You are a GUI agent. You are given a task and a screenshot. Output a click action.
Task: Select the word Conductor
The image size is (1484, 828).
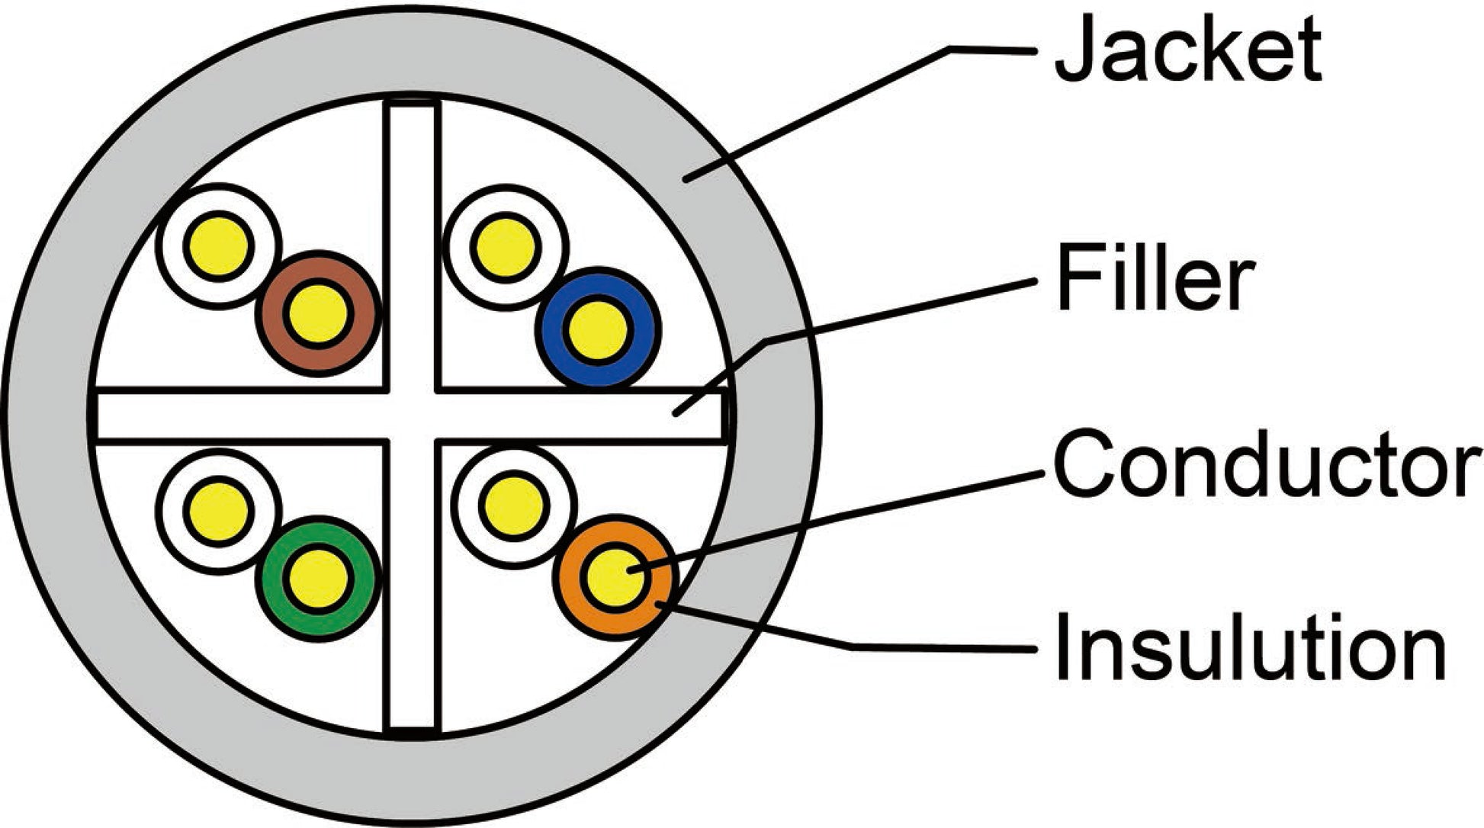pos(1266,464)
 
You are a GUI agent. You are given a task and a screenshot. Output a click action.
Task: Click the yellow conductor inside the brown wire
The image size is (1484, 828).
pos(318,313)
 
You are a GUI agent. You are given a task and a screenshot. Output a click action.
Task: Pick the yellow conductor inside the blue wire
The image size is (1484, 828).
pos(598,329)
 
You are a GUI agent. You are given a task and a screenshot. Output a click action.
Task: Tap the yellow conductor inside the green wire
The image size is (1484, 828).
pos(318,578)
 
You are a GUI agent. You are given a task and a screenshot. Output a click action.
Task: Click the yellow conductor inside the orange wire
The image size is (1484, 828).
pos(615,576)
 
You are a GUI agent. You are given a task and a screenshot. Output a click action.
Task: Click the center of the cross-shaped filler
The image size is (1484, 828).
pos(413,416)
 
